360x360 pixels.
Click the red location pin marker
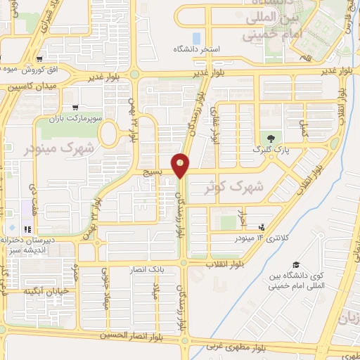pyautogui.click(x=181, y=165)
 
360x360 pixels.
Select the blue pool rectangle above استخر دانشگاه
pyautogui.click(x=196, y=37)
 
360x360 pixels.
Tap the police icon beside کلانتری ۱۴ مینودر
pyautogui.click(x=262, y=227)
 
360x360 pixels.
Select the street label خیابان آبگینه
pyautogui.click(x=46, y=290)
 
